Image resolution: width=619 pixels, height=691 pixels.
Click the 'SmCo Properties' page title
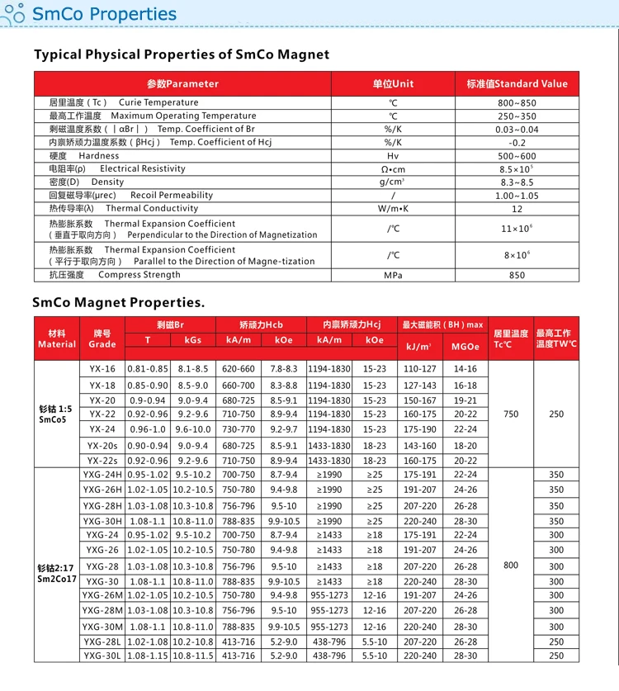tap(103, 14)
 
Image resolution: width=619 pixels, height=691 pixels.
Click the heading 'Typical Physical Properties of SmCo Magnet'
tap(182, 54)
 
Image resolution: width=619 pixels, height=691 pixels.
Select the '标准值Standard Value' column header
tap(517, 83)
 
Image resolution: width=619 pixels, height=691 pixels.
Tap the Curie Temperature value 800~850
tap(517, 102)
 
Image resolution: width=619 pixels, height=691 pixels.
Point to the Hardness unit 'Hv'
tap(393, 156)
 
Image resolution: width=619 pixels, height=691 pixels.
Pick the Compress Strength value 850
tap(517, 275)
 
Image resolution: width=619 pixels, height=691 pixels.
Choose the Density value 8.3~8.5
tap(517, 182)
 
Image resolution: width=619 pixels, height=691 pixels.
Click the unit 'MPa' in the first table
tap(393, 275)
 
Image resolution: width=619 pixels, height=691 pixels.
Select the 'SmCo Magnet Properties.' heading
tap(118, 302)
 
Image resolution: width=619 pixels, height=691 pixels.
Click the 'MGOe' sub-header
tap(465, 347)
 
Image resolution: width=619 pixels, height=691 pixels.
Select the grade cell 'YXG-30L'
tap(102, 656)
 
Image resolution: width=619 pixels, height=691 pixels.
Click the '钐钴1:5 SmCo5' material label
tap(56, 414)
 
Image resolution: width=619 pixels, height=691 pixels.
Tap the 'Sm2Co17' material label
tap(56, 579)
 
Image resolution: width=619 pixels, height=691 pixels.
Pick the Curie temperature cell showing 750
tap(511, 414)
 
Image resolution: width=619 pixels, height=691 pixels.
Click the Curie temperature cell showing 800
tap(511, 566)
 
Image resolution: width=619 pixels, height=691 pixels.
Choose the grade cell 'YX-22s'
tap(102, 461)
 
